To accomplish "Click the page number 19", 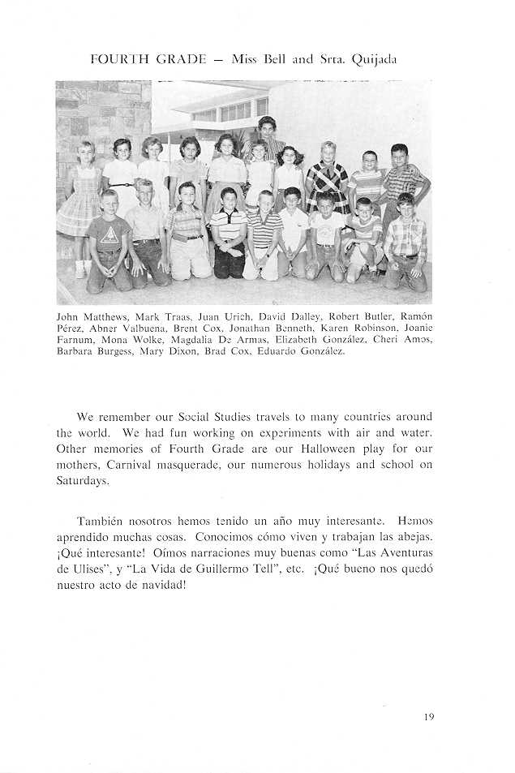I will click(x=429, y=716).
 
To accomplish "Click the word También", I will click(x=101, y=521).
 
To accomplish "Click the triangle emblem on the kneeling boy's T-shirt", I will click(x=109, y=234).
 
